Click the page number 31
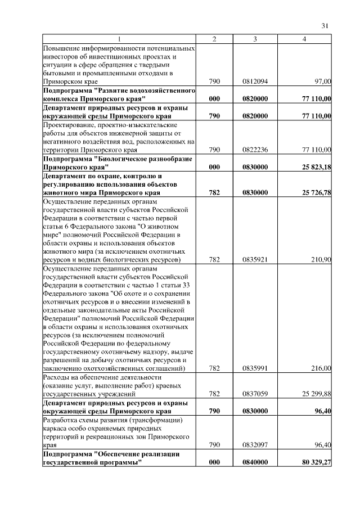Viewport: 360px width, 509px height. click(x=324, y=25)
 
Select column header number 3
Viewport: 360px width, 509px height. click(x=255, y=39)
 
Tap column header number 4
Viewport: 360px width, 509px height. click(x=304, y=39)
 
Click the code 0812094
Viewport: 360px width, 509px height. click(x=255, y=82)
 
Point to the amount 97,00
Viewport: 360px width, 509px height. click(x=323, y=82)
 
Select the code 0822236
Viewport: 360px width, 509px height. click(x=255, y=150)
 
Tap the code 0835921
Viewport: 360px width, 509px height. click(x=255, y=260)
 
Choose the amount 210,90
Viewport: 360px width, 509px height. click(x=322, y=260)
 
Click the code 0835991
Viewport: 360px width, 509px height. click(x=255, y=368)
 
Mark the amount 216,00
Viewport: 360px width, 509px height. click(x=322, y=368)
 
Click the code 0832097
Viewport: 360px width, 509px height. click(x=255, y=445)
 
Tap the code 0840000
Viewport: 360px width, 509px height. click(x=255, y=462)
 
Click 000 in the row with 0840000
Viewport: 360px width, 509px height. click(x=214, y=462)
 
